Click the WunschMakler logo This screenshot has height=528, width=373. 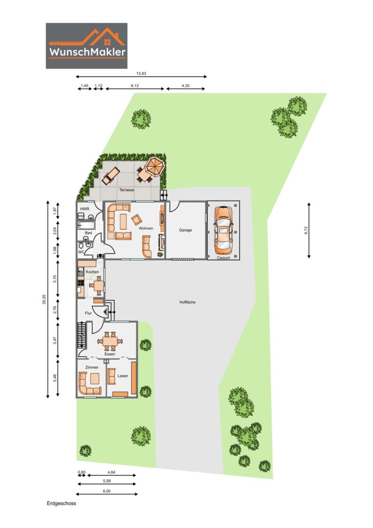click(x=87, y=46)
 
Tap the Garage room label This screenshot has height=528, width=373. click(x=185, y=230)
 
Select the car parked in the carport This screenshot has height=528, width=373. click(x=223, y=230)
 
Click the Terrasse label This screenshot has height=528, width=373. click(x=127, y=190)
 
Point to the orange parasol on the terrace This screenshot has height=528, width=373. click(x=155, y=166)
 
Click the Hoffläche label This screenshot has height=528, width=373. click(x=188, y=302)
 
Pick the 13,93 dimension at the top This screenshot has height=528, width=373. click(x=141, y=73)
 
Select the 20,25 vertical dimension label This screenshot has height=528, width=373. click(x=44, y=299)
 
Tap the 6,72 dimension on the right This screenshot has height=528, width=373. click(x=306, y=230)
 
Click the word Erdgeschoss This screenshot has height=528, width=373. click(x=62, y=504)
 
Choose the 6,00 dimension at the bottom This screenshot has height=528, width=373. click(x=107, y=491)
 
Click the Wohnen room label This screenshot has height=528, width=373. click(x=146, y=228)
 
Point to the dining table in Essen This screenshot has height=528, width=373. click(x=110, y=341)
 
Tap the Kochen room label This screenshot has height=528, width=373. click(x=92, y=272)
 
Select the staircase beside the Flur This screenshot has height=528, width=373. click(x=81, y=335)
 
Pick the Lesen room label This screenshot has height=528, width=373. click(x=123, y=376)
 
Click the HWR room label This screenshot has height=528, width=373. click(x=85, y=209)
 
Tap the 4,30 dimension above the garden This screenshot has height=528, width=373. click(x=185, y=86)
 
